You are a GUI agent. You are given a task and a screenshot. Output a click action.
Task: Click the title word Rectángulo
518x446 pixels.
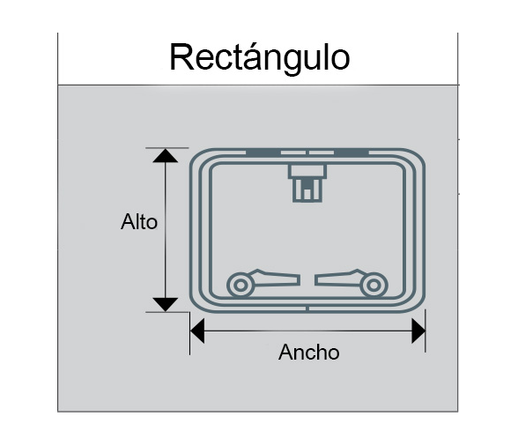coord(259,58)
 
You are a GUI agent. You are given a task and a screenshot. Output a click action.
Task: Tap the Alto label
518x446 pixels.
coord(139,221)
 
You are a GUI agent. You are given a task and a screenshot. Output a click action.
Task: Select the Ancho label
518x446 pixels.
coord(309,352)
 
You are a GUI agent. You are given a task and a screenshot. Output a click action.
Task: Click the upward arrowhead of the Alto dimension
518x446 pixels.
coord(166,156)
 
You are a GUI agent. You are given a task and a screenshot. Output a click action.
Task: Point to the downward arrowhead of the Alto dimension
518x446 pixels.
coord(166,304)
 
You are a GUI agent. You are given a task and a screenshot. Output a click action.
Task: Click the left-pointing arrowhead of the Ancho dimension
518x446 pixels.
coord(197,331)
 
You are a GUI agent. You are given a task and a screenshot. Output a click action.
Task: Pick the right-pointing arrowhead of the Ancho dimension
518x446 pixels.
coord(418,331)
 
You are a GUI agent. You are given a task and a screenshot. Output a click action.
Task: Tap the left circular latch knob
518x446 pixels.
coord(240,285)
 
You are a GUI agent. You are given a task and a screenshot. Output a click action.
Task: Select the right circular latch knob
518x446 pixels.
coord(374,285)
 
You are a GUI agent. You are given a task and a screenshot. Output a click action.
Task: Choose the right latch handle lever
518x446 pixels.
coord(339,279)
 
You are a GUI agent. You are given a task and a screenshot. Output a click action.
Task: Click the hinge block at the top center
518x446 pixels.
coord(307,182)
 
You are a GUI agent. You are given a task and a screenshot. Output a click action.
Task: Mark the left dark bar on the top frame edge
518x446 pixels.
coord(263,152)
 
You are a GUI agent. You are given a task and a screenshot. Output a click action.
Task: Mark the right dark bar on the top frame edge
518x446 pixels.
coord(351,152)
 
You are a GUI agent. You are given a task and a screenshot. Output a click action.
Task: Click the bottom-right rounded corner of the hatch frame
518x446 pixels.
coord(418,304)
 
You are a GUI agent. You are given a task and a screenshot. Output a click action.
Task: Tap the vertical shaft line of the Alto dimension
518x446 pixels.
coord(166,230)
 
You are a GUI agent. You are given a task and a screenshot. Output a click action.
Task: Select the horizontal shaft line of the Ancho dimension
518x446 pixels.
coord(308,331)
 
